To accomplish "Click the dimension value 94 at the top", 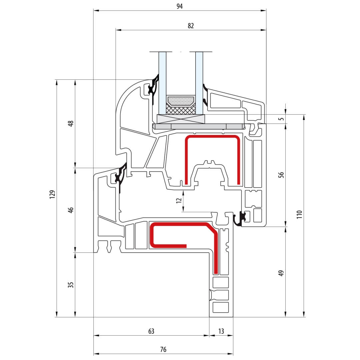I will [x=180, y=6].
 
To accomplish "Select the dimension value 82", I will [x=191, y=26].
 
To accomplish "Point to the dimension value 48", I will [x=70, y=124].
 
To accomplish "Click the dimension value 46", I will [x=70, y=210].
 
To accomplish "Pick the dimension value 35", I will [x=70, y=285].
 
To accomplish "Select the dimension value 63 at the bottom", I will [x=151, y=331].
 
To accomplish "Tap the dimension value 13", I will [x=221, y=331].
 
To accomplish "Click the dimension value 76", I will [x=163, y=350].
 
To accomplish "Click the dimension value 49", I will [x=281, y=273].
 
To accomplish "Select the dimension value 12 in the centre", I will [x=179, y=200].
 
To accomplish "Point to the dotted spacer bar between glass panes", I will [x=180, y=101].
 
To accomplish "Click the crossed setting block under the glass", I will [x=180, y=119].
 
